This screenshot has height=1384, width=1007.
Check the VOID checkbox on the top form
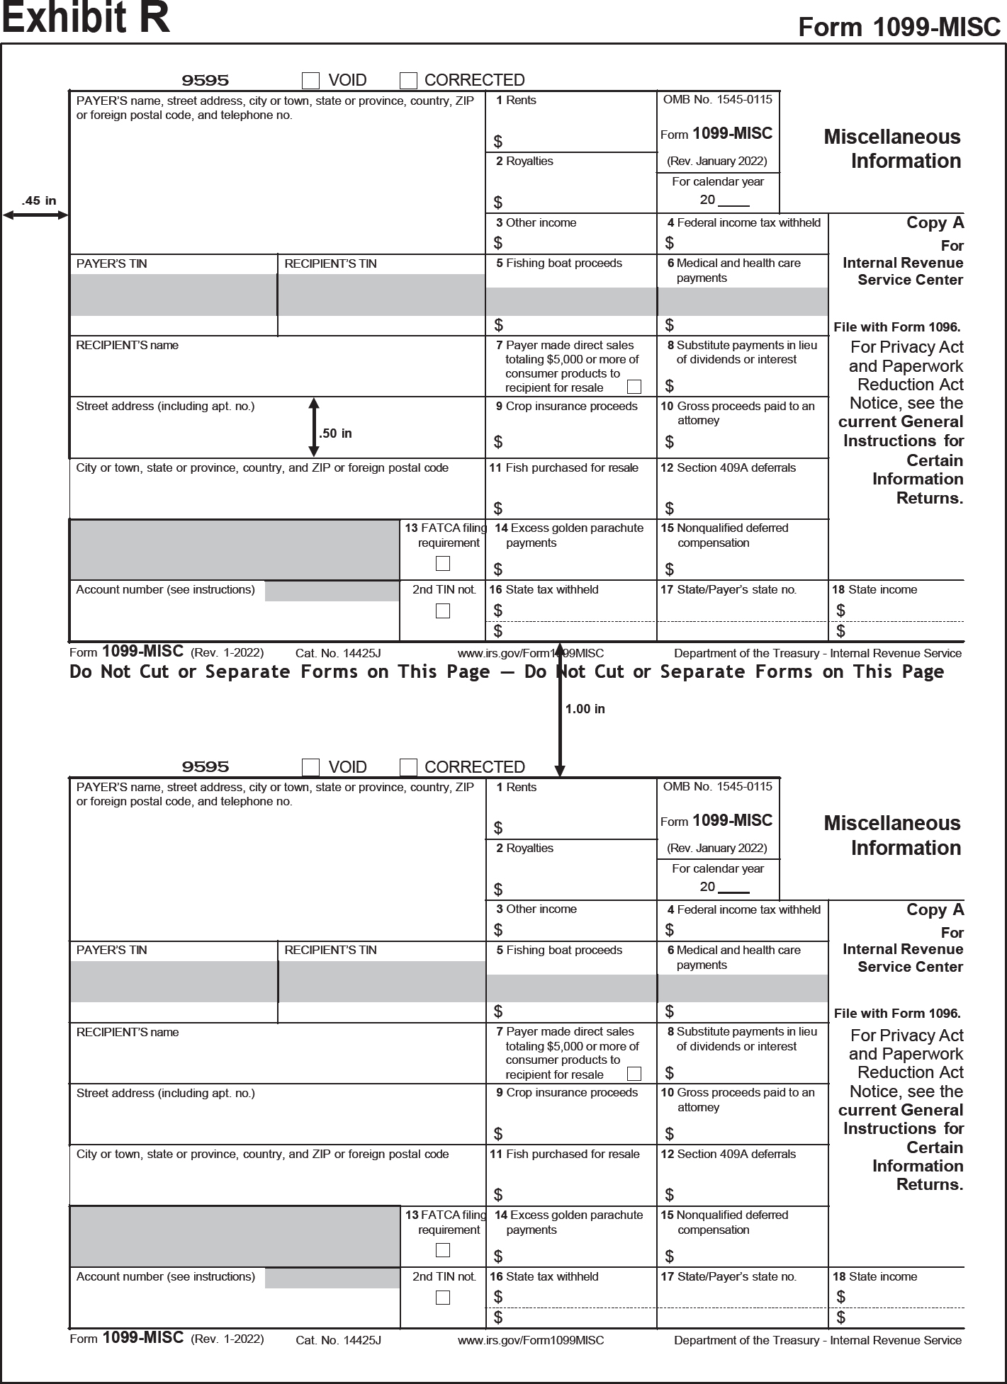[x=310, y=80]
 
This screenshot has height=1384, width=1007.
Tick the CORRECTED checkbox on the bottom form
[x=408, y=767]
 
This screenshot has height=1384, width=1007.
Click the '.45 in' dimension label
[x=39, y=201]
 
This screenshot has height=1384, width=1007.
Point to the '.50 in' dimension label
[x=336, y=433]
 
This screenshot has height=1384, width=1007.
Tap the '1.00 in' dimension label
[x=585, y=709]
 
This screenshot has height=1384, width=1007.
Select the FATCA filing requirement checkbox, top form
[x=443, y=564]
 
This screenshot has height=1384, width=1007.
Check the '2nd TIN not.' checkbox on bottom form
[x=443, y=1298]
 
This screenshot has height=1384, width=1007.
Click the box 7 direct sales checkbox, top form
[x=634, y=387]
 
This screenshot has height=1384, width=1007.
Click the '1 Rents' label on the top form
[x=516, y=101]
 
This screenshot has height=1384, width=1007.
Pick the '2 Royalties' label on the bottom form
[x=524, y=849]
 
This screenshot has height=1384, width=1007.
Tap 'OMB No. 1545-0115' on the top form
[x=717, y=100]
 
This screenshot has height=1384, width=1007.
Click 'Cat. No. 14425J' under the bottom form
[x=338, y=1340]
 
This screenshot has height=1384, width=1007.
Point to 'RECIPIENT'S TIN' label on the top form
[x=330, y=263]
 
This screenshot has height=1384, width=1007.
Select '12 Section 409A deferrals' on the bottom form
[x=728, y=1154]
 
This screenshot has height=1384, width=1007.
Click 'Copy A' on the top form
[x=935, y=223]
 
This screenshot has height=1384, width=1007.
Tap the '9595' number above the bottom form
[x=206, y=767]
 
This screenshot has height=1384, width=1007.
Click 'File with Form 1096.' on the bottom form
[x=896, y=1014]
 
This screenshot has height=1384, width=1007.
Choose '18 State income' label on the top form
[x=874, y=590]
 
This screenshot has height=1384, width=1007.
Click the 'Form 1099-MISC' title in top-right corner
[x=899, y=28]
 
